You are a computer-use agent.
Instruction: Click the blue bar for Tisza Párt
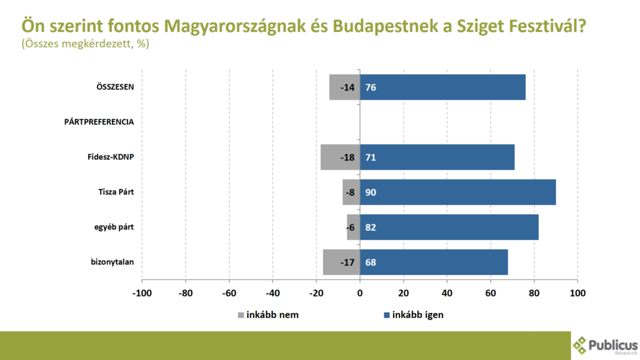458,192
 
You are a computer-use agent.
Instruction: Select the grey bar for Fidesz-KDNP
341,157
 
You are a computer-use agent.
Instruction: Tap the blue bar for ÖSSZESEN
443,87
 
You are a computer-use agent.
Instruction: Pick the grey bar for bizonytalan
341,262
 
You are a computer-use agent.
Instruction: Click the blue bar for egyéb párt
449,227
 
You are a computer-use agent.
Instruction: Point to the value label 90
371,192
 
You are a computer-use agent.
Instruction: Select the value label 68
371,262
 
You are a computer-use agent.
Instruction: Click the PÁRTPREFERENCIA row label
99,122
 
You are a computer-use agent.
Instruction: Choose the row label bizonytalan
112,262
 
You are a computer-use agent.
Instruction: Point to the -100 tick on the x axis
142,293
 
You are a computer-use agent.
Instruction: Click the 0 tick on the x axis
360,293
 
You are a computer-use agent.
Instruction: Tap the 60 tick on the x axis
491,293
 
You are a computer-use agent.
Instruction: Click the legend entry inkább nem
268,315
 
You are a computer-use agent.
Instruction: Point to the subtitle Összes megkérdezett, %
85,44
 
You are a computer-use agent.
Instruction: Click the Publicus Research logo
605,345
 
